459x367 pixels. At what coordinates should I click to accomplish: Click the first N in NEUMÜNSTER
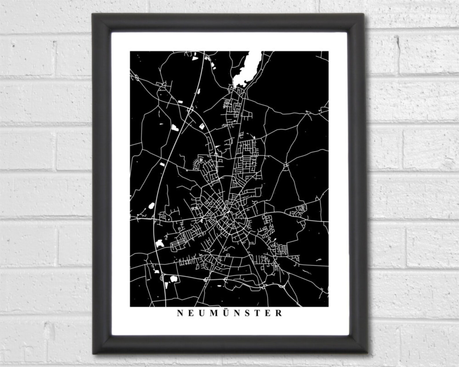[x=180, y=313]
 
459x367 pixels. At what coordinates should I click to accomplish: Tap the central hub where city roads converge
[x=228, y=212]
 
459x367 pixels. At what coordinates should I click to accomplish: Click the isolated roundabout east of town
[x=286, y=165]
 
